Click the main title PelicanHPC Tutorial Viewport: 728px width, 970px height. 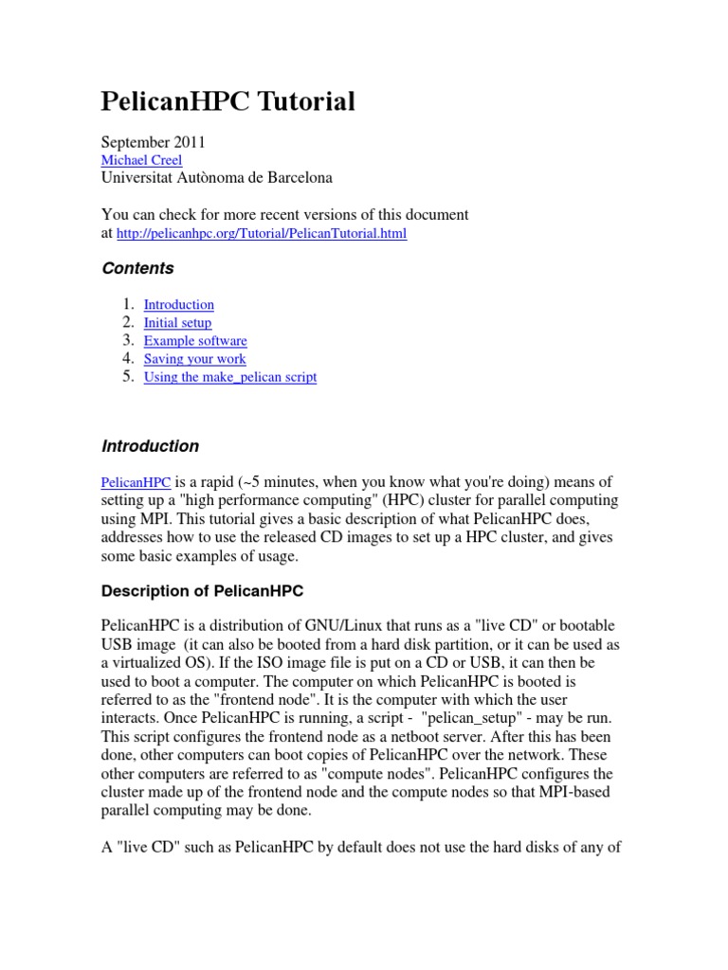pos(227,102)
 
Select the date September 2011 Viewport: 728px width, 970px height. pos(153,142)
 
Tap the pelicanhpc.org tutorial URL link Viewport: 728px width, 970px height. pos(262,233)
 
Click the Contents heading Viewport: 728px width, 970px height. pos(137,269)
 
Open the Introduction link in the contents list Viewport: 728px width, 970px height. pos(178,305)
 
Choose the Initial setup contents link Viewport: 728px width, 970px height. pos(177,323)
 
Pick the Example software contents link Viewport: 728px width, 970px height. pos(195,341)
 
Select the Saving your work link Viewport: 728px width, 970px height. pos(194,359)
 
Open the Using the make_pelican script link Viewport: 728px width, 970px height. pos(229,377)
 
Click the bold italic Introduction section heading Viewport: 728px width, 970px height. pos(150,446)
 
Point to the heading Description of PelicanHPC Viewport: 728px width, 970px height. pos(202,591)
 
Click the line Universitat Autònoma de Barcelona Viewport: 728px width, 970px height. pos(217,178)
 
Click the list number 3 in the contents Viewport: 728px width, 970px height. pos(128,340)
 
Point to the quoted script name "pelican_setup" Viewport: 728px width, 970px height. pos(474,717)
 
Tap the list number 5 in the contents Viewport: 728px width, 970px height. pos(128,376)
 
